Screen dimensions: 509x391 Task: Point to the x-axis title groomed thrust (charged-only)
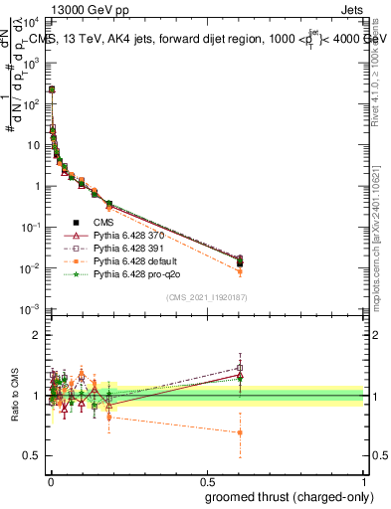[x=288, y=496]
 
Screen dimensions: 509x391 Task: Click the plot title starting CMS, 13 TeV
[x=208, y=40]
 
